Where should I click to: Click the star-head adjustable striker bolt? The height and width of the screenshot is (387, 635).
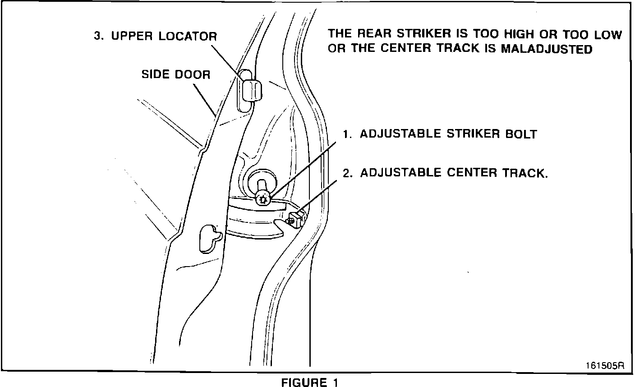click(x=262, y=198)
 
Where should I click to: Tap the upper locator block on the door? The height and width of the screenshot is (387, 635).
click(x=251, y=90)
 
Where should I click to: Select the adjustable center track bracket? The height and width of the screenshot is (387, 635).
click(x=298, y=219)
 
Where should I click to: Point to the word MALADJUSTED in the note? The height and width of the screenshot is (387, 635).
click(x=547, y=49)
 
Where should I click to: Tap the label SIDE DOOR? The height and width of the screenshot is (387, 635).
click(x=176, y=74)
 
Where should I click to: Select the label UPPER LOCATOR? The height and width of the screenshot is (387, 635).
click(x=164, y=36)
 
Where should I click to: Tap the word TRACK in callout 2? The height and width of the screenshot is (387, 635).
click(x=524, y=173)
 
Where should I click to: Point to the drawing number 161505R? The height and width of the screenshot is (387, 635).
click(x=605, y=365)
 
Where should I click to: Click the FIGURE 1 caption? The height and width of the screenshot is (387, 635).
click(x=309, y=382)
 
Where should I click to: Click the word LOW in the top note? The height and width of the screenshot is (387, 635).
click(x=608, y=34)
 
